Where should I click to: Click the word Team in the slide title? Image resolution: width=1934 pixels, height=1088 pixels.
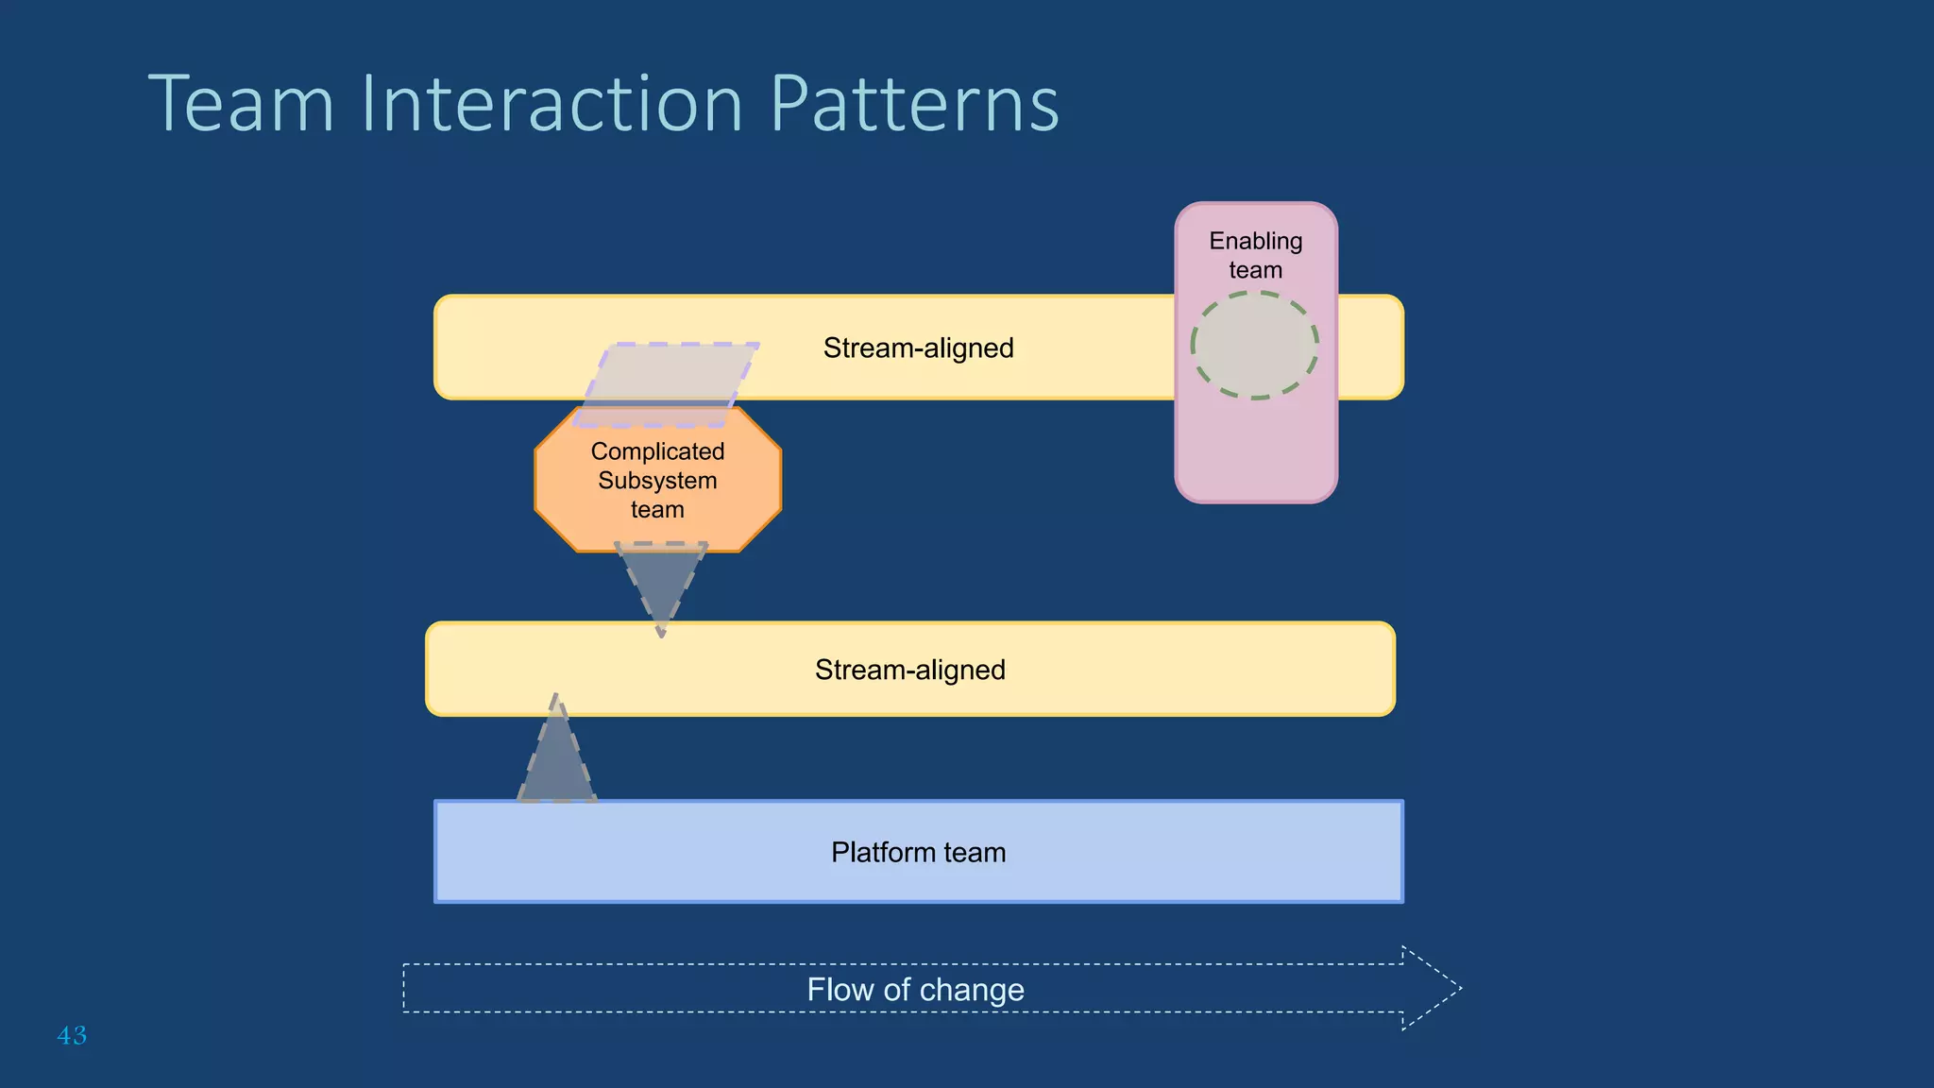[242, 103]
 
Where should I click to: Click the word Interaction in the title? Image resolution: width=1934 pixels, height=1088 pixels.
[551, 103]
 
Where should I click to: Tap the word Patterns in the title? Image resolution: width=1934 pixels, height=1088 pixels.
[914, 103]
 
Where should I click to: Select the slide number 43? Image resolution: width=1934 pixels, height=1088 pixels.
[72, 1035]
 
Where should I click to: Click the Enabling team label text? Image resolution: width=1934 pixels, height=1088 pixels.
[1255, 255]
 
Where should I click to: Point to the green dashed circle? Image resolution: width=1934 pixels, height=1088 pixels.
[1254, 346]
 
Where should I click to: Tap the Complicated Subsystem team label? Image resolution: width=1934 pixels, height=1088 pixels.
[657, 480]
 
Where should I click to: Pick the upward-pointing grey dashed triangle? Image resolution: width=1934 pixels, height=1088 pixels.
[557, 760]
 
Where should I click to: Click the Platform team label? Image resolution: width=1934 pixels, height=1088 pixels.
[918, 852]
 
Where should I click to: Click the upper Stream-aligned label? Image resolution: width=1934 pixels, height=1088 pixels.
[918, 348]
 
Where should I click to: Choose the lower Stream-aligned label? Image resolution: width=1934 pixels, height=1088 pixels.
[909, 670]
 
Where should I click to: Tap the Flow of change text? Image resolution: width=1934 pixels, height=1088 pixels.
[915, 989]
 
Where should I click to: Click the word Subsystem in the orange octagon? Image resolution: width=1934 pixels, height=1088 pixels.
[657, 480]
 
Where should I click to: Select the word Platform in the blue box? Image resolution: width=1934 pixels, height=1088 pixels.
[882, 852]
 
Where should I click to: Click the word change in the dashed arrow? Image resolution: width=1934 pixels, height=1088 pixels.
[971, 989]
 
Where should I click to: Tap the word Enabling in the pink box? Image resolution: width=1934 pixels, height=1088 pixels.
[1255, 241]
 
